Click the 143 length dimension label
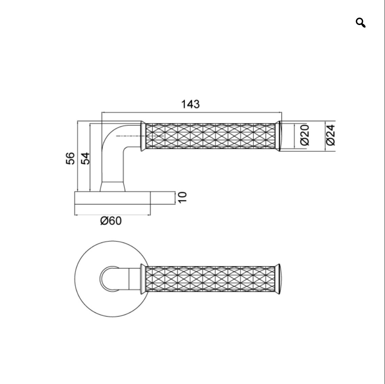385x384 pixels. [x=190, y=104]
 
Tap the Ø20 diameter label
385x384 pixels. [x=305, y=135]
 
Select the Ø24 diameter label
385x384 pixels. [x=331, y=135]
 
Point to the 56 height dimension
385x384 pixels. [x=70, y=158]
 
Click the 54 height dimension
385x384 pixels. [x=85, y=158]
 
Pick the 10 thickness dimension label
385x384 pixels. [x=182, y=197]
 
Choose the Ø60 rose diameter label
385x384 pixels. [x=111, y=221]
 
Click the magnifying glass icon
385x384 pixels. [x=360, y=23]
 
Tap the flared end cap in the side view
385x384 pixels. [x=278, y=136]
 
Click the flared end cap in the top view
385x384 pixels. [x=278, y=279]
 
